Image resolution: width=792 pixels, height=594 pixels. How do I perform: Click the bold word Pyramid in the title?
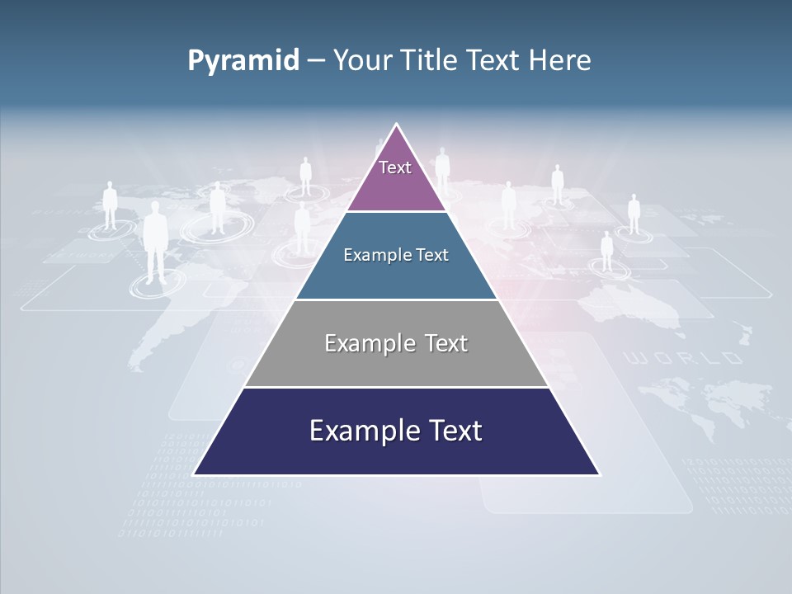click(243, 61)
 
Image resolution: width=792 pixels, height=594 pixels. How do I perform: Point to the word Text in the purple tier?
click(395, 167)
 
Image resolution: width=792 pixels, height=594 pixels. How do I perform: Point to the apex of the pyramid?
click(397, 125)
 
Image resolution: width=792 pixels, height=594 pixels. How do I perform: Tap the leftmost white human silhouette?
click(110, 205)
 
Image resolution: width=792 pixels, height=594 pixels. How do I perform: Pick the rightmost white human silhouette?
click(634, 214)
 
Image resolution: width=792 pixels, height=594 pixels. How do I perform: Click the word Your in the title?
click(363, 60)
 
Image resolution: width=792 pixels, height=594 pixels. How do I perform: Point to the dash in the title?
click(315, 61)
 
